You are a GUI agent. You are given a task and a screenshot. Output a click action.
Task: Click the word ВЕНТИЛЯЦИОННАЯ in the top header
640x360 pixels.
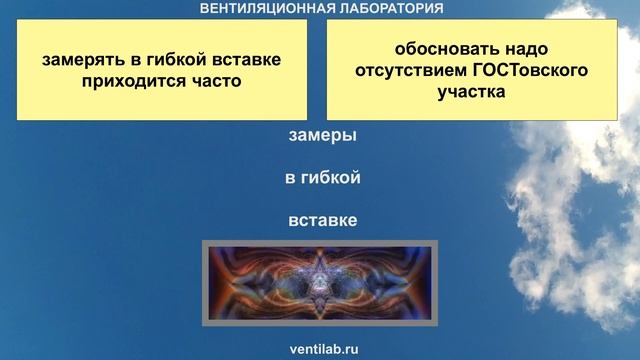[x=266, y=8]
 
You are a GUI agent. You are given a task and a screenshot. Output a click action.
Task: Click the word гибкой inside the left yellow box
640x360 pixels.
[x=172, y=60]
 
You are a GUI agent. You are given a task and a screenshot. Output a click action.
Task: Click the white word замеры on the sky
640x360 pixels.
[x=322, y=136]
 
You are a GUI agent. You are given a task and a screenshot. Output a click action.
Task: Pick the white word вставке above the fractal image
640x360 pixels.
[x=322, y=220]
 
